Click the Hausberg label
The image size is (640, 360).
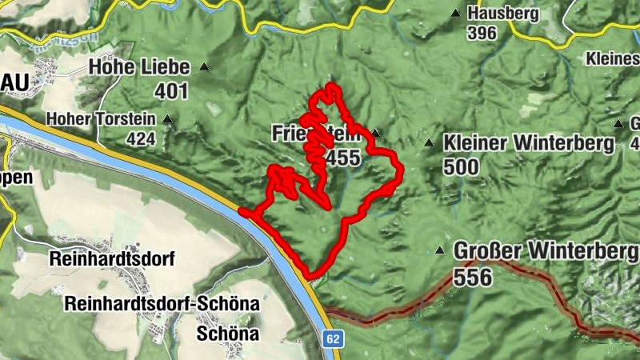[504, 14]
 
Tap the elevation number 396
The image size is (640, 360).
[482, 33]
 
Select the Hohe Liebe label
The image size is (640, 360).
[139, 66]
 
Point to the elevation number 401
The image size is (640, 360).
[171, 91]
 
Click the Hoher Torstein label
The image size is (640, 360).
[113, 120]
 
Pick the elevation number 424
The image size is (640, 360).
[141, 138]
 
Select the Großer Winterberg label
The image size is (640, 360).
[546, 251]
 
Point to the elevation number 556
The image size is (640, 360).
[472, 277]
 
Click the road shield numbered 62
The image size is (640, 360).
[333, 340]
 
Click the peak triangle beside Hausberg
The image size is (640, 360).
[455, 14]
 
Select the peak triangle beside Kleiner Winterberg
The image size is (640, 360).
[429, 143]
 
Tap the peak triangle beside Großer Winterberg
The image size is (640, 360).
[438, 251]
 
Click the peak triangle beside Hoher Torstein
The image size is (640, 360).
[166, 120]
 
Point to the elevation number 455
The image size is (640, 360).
[343, 158]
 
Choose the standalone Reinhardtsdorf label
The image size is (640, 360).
[111, 259]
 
